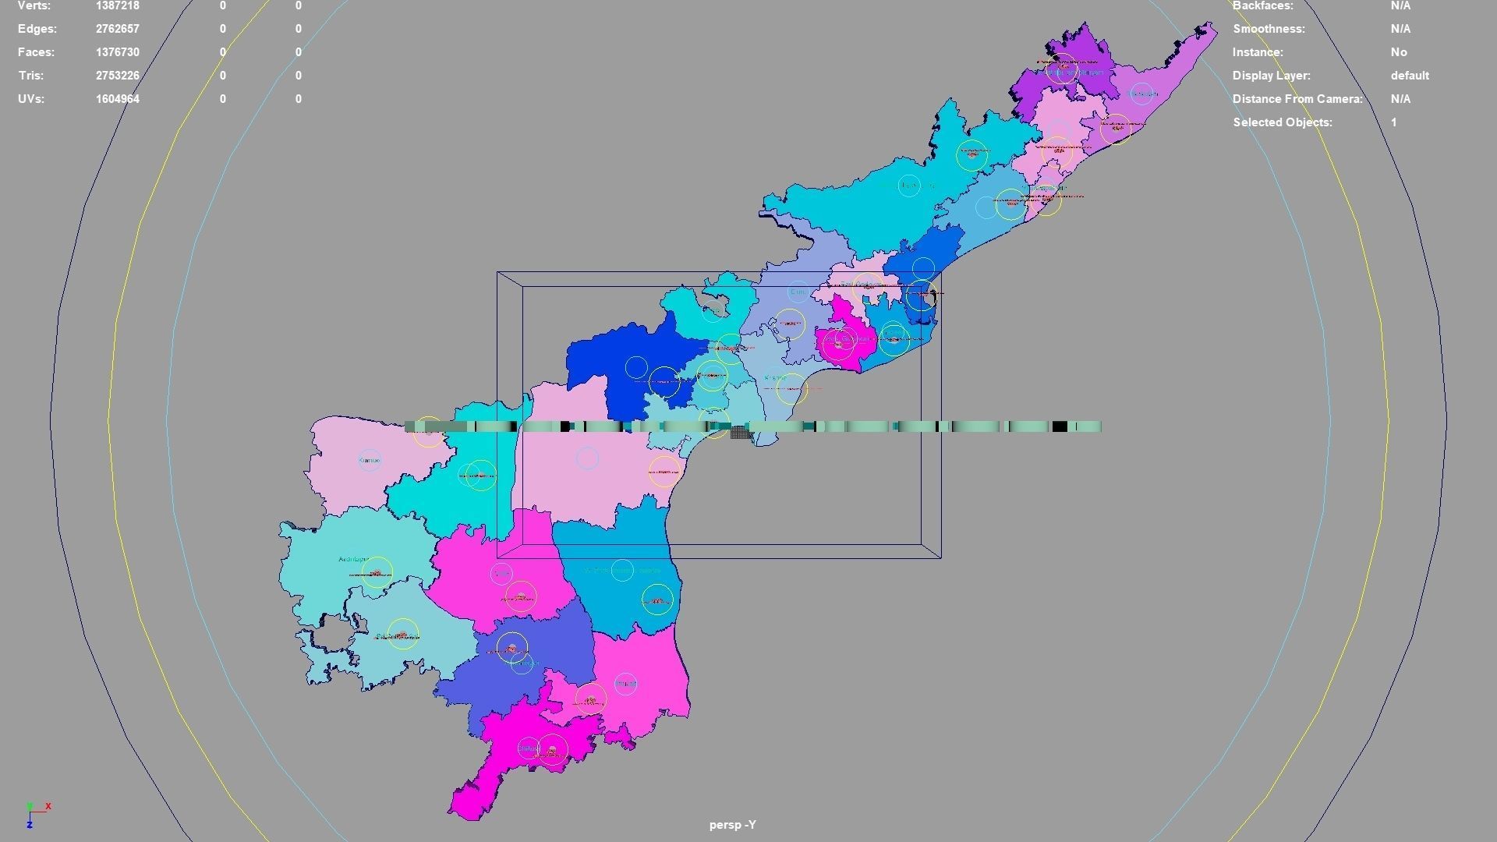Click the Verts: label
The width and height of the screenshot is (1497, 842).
tap(34, 6)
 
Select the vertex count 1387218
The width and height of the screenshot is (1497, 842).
tap(118, 6)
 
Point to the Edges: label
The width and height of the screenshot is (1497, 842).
tap(37, 29)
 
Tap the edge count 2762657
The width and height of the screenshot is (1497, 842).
tap(118, 29)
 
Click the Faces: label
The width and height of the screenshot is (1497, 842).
tap(36, 52)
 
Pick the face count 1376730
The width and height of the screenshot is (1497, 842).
tap(118, 52)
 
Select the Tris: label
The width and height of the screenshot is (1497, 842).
tap(30, 76)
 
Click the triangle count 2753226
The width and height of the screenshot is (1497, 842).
tap(118, 76)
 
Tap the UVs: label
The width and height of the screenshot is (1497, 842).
tap(31, 99)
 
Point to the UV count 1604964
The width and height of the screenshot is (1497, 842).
tap(118, 99)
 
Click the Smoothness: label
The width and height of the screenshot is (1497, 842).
tap(1269, 29)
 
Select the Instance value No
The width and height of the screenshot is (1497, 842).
tap(1399, 52)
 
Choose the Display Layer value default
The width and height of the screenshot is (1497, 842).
tap(1410, 76)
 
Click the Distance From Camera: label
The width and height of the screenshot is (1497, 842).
tap(1297, 99)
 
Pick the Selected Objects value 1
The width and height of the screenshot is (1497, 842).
tap(1393, 122)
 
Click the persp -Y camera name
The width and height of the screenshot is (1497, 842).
tap(732, 825)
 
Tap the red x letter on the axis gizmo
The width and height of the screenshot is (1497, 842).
tap(48, 806)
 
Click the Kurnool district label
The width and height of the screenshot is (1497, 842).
tap(370, 461)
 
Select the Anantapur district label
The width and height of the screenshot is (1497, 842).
tap(354, 559)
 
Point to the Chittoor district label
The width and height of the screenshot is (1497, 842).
tap(529, 749)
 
